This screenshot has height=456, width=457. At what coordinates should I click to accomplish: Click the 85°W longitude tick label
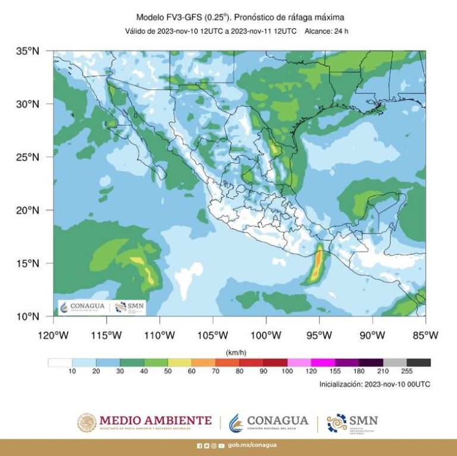click(x=425, y=335)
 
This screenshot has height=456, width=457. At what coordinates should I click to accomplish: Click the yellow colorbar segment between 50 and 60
click(x=180, y=362)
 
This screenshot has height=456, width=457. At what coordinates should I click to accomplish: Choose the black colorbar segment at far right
click(x=419, y=362)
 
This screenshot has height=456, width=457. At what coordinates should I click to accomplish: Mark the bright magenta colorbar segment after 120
click(x=323, y=362)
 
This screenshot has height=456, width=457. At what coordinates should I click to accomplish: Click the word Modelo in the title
click(x=151, y=17)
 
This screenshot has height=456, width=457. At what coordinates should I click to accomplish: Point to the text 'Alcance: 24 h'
click(x=326, y=31)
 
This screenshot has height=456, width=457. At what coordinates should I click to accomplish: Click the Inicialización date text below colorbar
click(x=374, y=384)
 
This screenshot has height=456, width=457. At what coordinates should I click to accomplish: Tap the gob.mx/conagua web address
click(x=252, y=445)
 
